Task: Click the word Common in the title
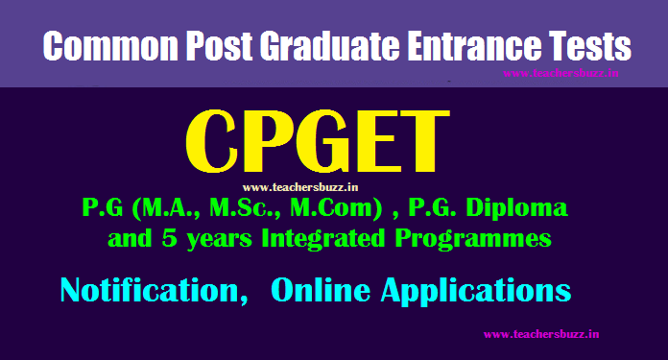click(110, 45)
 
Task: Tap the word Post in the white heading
click(220, 45)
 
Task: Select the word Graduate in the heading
click(330, 45)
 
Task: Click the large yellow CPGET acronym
click(318, 141)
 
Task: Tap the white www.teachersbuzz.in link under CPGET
click(300, 187)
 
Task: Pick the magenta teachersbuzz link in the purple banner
click(561, 73)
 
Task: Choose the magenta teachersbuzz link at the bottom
click(541, 334)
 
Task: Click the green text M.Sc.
click(245, 208)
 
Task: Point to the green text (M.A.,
click(166, 208)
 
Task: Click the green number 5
click(169, 238)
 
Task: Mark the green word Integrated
click(323, 239)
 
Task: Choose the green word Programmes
click(473, 239)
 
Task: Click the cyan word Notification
click(155, 291)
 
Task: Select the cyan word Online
click(321, 290)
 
